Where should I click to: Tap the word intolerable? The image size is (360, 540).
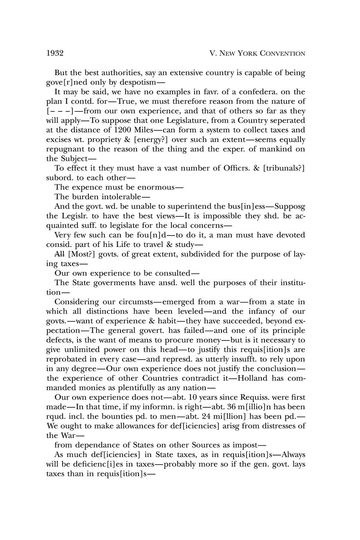(x=121, y=196)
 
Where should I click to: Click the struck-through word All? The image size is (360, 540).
(x=60, y=254)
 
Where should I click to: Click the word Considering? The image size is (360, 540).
(x=76, y=302)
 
